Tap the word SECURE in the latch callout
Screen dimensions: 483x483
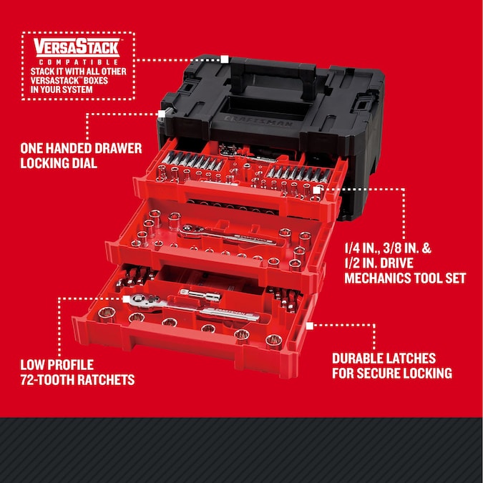(x=387, y=373)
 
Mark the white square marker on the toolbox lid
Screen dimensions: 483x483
(x=225, y=59)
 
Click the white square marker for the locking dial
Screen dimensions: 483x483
(x=161, y=113)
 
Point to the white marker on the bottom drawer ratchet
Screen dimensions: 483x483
(x=126, y=300)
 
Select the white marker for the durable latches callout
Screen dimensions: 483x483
(x=309, y=324)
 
